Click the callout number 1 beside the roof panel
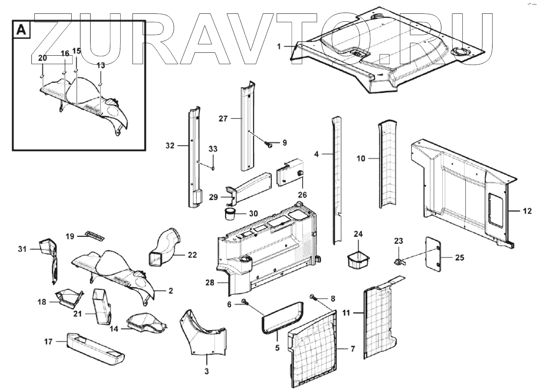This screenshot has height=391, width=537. coord(279,46)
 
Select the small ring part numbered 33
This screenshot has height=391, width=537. coord(213,168)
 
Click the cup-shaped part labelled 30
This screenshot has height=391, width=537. coord(229,214)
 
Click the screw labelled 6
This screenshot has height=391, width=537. coord(244,301)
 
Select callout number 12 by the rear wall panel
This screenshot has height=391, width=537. coord(527,211)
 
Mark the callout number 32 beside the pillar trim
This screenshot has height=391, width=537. coord(169,145)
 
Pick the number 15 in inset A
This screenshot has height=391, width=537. coord(76,51)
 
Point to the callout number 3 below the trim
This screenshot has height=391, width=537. coord(206,371)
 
